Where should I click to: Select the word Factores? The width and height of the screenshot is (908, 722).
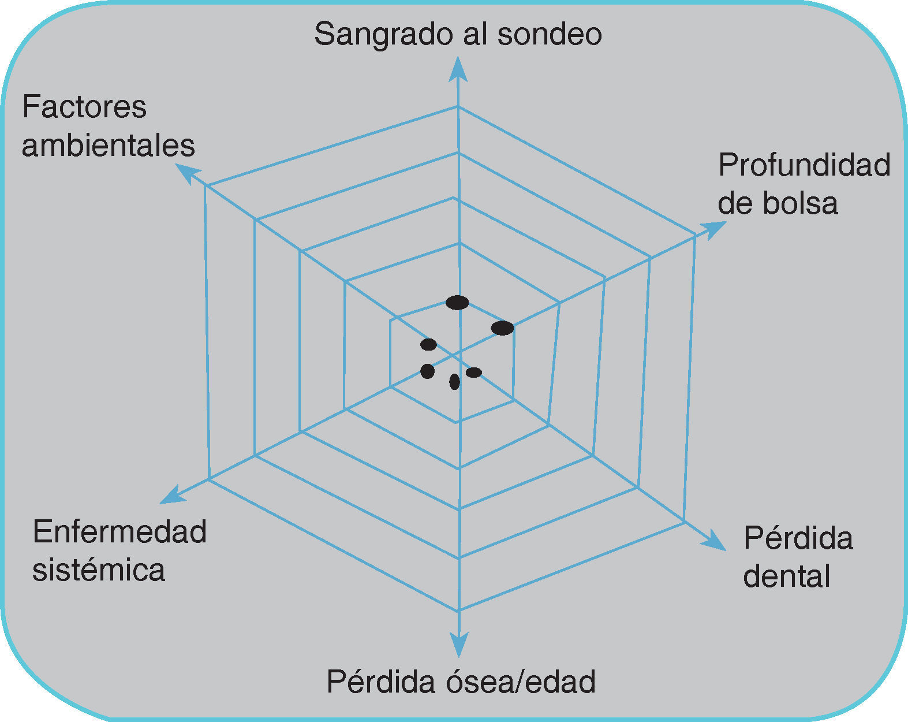click(x=84, y=107)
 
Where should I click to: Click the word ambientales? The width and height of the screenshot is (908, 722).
click(x=109, y=146)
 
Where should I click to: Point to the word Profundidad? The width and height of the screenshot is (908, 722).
click(x=804, y=166)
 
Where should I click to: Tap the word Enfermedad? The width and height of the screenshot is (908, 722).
click(x=119, y=531)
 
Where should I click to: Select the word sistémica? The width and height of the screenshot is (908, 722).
click(x=99, y=570)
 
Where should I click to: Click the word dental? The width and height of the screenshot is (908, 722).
click(x=786, y=576)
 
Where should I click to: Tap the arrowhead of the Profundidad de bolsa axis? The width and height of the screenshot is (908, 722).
click(x=714, y=228)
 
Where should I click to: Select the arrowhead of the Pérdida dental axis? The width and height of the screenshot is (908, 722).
click(x=715, y=541)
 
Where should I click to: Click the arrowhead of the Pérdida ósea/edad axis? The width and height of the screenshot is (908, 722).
click(x=459, y=646)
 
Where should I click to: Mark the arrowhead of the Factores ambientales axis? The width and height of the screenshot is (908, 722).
click(x=186, y=173)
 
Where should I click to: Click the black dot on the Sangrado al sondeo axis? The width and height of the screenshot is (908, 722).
click(x=457, y=302)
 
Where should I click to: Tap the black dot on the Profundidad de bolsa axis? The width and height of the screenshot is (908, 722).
click(x=502, y=328)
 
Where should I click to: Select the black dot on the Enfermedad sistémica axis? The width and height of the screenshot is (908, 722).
click(x=427, y=371)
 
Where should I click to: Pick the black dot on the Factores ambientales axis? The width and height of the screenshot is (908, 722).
click(x=428, y=345)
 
